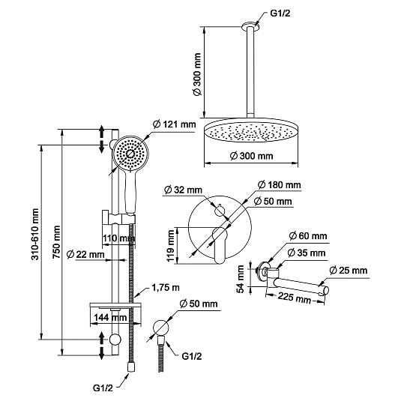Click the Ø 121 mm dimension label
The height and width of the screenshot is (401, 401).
tap(174, 124)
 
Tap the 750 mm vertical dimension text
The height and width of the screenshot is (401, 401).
tap(57, 242)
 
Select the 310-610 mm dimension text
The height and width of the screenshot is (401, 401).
tap(35, 235)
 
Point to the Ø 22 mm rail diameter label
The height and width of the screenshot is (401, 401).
tap(85, 254)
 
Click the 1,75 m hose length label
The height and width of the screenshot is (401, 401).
tap(166, 288)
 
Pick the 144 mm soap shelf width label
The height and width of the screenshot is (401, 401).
tap(110, 317)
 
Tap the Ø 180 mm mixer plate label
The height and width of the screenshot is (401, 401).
tap(280, 184)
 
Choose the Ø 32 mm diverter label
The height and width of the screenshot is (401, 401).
tap(183, 190)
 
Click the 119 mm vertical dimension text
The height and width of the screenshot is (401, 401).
tap(170, 246)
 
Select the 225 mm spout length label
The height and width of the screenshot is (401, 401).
tap(295, 298)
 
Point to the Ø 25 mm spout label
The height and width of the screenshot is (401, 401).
tap(349, 271)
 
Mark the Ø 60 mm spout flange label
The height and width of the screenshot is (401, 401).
tap(308, 236)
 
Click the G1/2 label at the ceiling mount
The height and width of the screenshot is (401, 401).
tap(280, 13)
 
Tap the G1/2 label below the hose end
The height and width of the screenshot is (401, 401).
tap(103, 388)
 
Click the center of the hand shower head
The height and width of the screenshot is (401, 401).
tap(130, 153)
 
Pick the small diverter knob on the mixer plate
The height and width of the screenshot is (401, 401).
tap(220, 210)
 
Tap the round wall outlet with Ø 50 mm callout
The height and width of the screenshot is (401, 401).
tap(161, 328)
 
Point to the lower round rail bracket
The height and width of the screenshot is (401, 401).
tap(115, 340)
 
